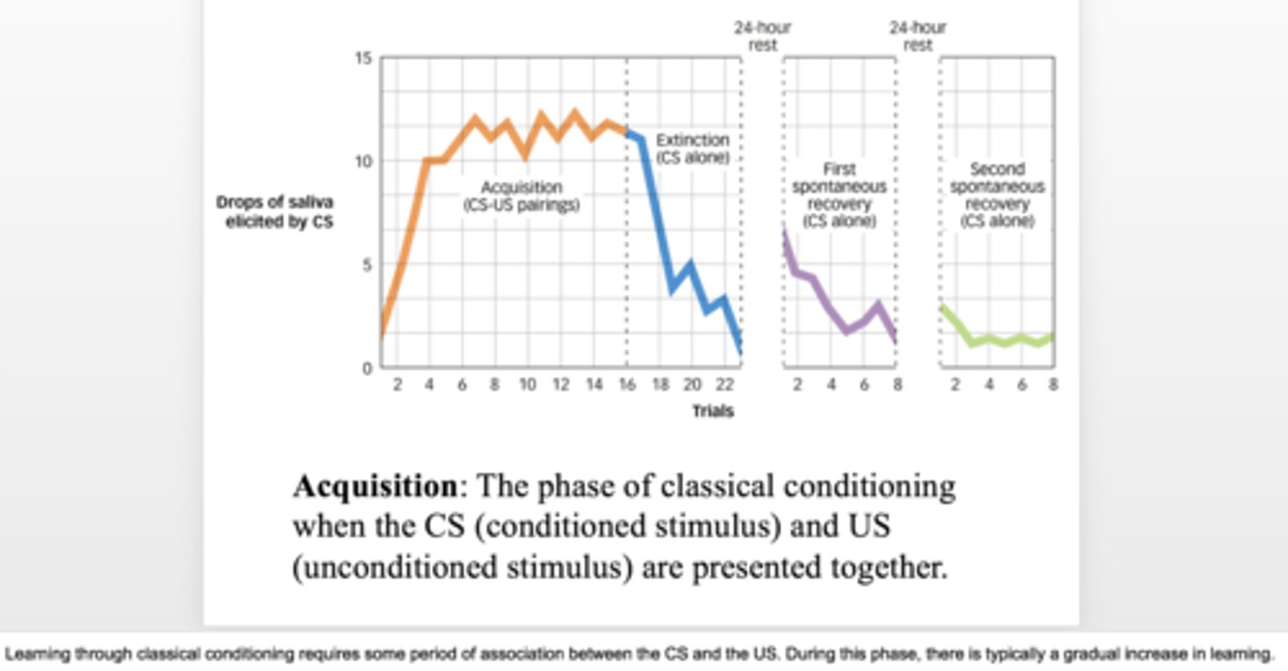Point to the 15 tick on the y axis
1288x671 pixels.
(x=363, y=58)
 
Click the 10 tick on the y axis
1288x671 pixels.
(x=363, y=162)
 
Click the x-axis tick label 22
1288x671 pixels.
(x=724, y=385)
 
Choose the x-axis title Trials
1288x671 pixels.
(x=712, y=412)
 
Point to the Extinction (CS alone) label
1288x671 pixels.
(x=692, y=149)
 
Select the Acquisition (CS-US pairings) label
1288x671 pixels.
(x=521, y=197)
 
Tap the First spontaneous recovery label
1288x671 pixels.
(x=839, y=195)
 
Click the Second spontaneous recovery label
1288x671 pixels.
(x=996, y=195)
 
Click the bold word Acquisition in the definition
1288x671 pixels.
(x=375, y=487)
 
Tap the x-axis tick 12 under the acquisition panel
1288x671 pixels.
(x=560, y=385)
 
